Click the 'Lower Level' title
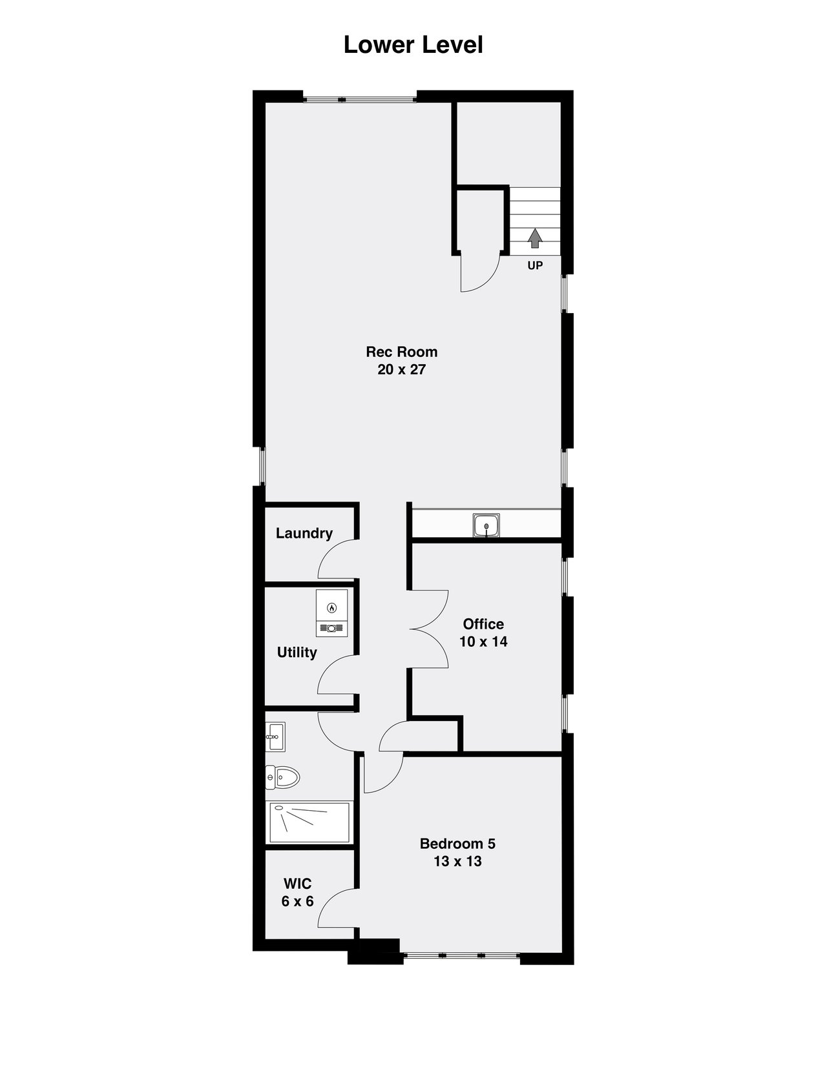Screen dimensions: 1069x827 (413, 45)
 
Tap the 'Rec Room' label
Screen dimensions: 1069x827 (401, 352)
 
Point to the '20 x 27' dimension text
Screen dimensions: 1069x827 (401, 370)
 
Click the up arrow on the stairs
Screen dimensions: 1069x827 (534, 238)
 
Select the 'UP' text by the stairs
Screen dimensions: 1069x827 (535, 265)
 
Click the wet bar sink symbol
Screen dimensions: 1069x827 (486, 525)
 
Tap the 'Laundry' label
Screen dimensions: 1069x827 (304, 533)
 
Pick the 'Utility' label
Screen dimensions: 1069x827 (297, 653)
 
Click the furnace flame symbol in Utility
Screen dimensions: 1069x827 (331, 607)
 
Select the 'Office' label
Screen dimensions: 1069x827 (483, 624)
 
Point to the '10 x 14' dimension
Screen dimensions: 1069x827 (483, 642)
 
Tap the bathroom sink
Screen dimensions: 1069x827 (275, 737)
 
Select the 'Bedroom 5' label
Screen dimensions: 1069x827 (457, 844)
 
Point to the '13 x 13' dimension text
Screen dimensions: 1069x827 (457, 862)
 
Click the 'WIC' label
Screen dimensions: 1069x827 (297, 884)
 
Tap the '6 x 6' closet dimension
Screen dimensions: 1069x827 (297, 901)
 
